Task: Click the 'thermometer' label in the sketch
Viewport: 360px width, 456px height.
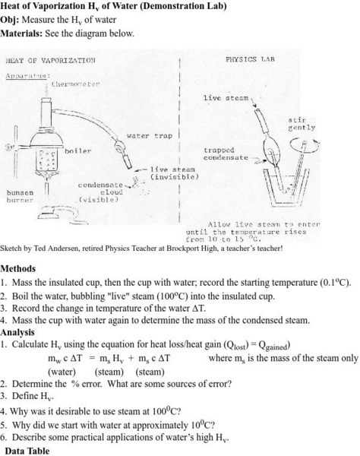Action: coord(75,84)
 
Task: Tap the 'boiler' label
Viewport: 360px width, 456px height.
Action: coord(78,151)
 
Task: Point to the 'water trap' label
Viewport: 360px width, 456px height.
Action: coord(150,136)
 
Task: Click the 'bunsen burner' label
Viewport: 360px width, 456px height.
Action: coord(20,196)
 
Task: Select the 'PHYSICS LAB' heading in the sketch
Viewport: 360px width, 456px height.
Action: coord(250,59)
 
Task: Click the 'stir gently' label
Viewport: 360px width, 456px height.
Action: coord(302,124)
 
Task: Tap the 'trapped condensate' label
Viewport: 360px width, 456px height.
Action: coord(226,154)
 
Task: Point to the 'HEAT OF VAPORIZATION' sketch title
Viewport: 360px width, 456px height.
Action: coord(50,61)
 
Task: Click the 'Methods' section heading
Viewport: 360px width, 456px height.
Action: coord(18,268)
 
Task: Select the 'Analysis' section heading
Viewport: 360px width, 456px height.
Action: coord(17,332)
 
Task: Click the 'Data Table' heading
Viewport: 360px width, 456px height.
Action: coord(27,451)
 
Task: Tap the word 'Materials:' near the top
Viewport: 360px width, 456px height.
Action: coord(21,33)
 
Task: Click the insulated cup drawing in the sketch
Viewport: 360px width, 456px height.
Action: coord(286,188)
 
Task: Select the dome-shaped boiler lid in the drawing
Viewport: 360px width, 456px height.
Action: coord(47,140)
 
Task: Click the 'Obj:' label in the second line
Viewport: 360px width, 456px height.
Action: coord(10,20)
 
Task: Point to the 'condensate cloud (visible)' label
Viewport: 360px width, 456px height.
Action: coord(100,192)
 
